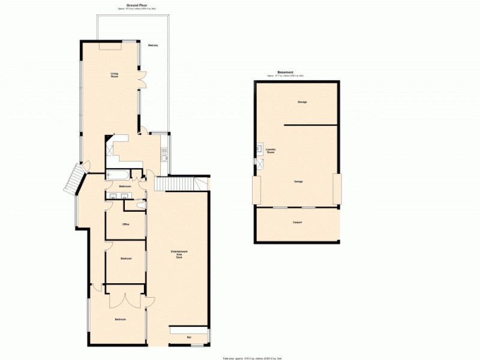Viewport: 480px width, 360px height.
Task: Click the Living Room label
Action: pos(114,75)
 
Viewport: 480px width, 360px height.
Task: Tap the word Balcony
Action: pos(153,46)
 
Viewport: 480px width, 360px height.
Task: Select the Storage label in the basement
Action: pos(302,102)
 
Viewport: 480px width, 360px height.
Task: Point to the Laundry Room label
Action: pos(271,152)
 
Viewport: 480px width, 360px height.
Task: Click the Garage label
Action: pos(298,181)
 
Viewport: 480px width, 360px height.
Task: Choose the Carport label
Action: pos(297,223)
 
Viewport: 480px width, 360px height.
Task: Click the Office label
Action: pos(126,225)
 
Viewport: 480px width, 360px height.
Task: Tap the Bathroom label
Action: pos(125,187)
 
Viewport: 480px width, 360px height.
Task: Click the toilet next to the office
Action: pos(140,206)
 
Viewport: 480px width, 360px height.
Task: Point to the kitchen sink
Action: pos(163,157)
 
